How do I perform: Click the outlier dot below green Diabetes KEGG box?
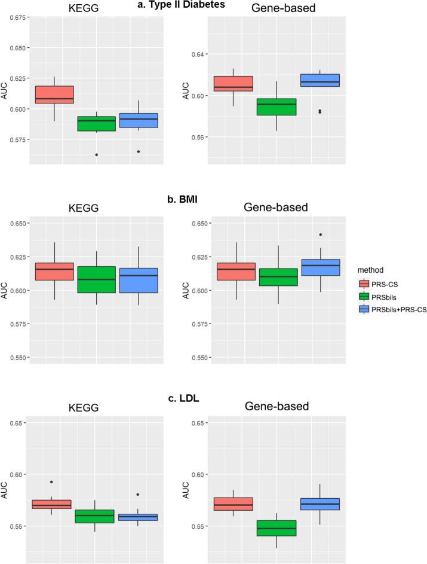(x=96, y=154)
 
